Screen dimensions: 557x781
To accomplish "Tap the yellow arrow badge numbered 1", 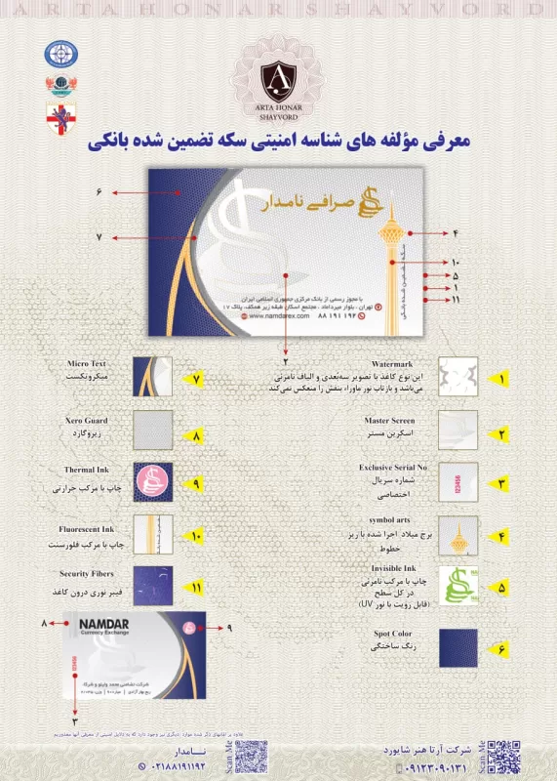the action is (x=502, y=378).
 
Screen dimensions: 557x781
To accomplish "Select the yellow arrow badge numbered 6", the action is (x=502, y=646).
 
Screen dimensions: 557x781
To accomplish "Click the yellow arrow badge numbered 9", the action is (x=194, y=482).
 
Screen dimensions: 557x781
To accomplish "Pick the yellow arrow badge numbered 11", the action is (x=194, y=587).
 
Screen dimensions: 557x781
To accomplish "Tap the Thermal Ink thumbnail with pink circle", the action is (x=153, y=481).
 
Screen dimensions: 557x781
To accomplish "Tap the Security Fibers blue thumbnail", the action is (x=153, y=586).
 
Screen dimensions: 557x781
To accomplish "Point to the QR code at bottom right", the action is (x=502, y=756).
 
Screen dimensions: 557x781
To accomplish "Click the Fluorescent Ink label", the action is (x=87, y=527).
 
